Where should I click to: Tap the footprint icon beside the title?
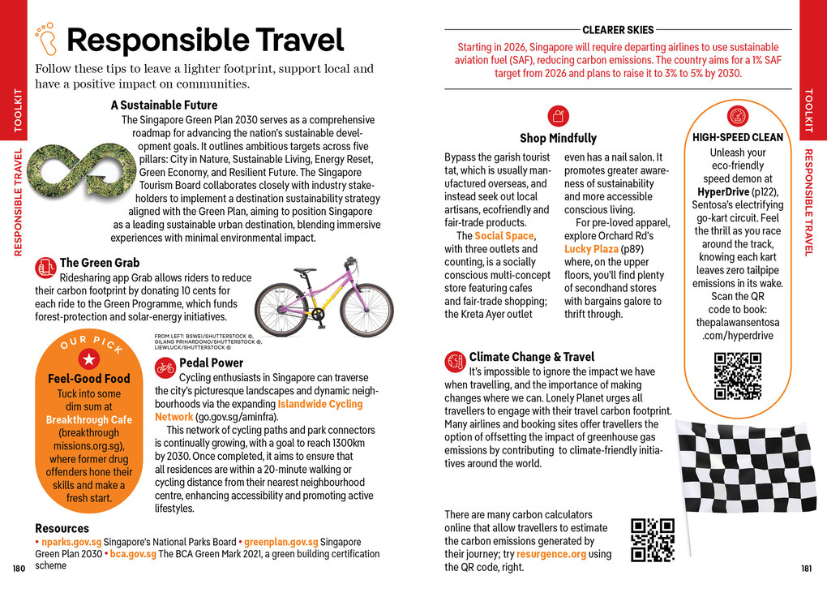46,37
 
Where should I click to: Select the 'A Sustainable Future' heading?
164,105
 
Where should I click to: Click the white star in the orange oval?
88,360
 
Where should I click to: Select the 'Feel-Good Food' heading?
88,379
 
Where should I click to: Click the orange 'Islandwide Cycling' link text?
319,404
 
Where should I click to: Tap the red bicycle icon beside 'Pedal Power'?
165,367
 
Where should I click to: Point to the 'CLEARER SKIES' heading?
618,30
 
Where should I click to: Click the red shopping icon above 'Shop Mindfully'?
557,115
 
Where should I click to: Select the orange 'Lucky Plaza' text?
591,249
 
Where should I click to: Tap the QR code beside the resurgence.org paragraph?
653,539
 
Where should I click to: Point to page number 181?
806,569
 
